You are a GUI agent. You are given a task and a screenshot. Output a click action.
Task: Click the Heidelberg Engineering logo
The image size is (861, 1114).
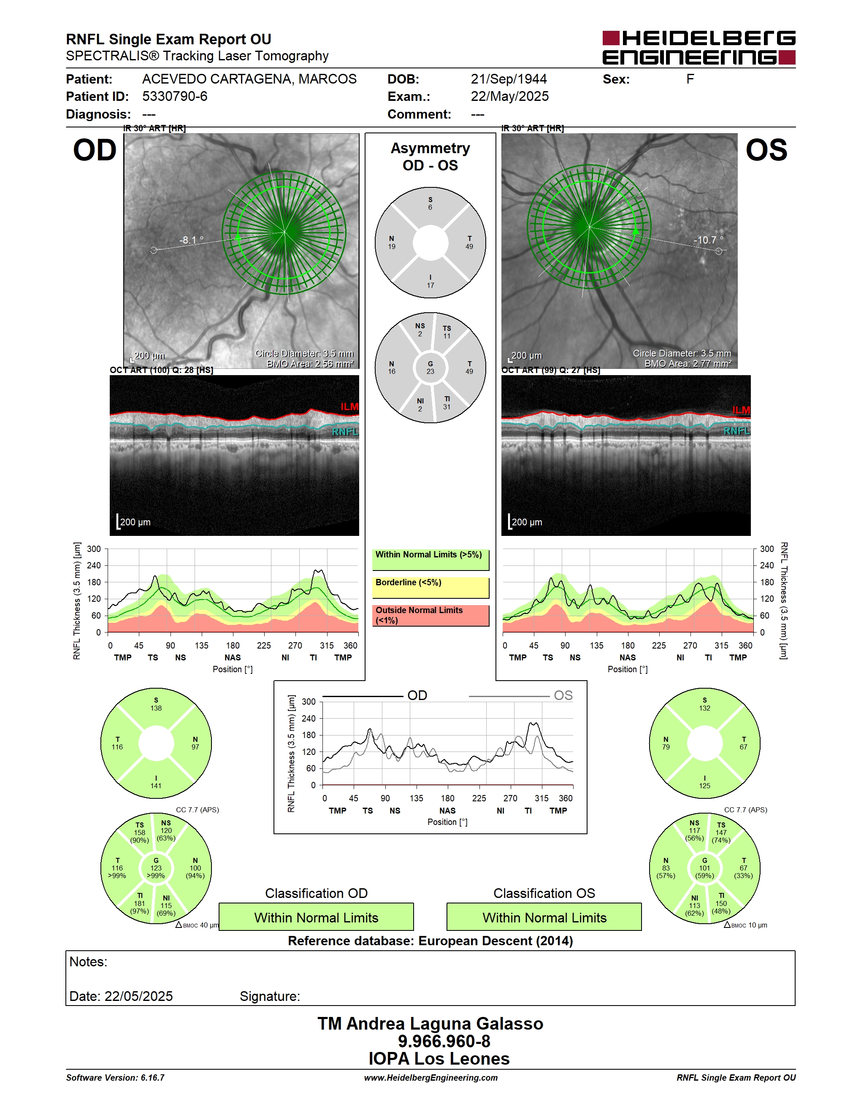(699, 47)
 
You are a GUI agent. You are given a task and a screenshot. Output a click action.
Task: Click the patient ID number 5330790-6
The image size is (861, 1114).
(174, 96)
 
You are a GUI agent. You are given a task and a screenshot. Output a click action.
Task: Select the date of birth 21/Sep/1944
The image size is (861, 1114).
(509, 79)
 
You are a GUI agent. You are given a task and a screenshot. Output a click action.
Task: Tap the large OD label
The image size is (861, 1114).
(95, 151)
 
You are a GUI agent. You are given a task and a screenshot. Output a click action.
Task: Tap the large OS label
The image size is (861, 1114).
(766, 151)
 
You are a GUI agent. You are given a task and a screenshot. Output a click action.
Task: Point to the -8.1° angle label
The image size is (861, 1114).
(191, 240)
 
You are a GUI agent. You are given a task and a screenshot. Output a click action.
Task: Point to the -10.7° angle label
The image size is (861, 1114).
(708, 240)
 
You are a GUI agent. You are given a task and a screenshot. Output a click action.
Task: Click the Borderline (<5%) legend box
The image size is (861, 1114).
(430, 588)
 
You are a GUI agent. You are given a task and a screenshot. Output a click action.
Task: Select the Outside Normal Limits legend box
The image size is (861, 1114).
(430, 615)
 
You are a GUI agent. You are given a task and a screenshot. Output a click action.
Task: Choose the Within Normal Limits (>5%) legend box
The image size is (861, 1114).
(430, 560)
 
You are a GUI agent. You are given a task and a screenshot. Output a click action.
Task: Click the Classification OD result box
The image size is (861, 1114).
(316, 917)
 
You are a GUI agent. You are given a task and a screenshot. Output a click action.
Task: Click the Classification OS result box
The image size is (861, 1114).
(544, 917)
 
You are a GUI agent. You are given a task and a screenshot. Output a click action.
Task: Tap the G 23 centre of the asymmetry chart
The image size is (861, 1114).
(430, 368)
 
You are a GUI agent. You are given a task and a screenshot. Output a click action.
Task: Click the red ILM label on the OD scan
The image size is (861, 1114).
(349, 406)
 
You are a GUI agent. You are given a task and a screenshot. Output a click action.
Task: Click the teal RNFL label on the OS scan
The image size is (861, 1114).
(736, 431)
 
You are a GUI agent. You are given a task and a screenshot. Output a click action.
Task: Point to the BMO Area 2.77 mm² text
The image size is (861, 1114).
(688, 364)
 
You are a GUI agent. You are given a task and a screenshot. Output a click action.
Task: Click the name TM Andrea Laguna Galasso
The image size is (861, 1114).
(430, 1024)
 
